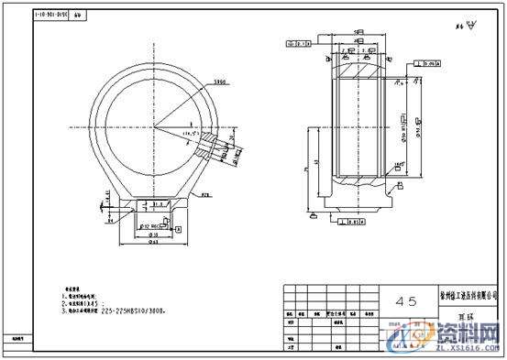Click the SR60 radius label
click(220, 82)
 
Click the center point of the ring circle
click(154, 125)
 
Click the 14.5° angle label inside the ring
click(192, 135)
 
